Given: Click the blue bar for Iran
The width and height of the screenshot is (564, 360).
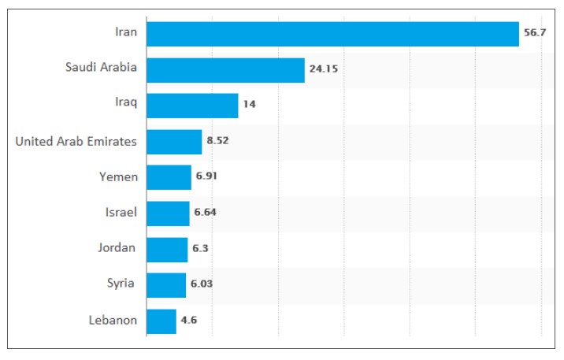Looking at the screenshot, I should coord(332,34).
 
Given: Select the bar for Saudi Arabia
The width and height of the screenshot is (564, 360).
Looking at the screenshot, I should coord(225,69).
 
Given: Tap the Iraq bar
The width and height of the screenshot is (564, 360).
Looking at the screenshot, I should coord(192,106).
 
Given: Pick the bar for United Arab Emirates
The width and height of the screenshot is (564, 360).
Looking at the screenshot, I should coord(174,142).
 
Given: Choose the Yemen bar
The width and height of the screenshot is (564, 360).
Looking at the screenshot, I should coord(169,177).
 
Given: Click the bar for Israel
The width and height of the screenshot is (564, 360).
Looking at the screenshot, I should coord(168,213).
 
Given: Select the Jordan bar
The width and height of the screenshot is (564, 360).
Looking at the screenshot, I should coord(167,249).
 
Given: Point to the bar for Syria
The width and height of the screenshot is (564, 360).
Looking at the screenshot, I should coord(166,284).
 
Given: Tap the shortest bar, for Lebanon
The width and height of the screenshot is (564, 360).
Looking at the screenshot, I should coord(161,321).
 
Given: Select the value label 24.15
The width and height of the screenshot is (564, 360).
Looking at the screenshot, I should coord(323,69).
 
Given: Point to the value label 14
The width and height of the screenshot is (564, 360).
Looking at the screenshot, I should coord(249,105).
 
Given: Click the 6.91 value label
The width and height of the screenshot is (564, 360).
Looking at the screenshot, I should coord(207,176).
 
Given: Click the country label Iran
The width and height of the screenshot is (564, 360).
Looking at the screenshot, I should coord(125,32).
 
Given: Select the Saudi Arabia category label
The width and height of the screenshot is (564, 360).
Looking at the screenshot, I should coord(101,68).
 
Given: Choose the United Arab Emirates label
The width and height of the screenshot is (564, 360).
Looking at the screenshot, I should coord(76,142).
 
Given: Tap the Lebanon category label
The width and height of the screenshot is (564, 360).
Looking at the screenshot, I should coord(113,321).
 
